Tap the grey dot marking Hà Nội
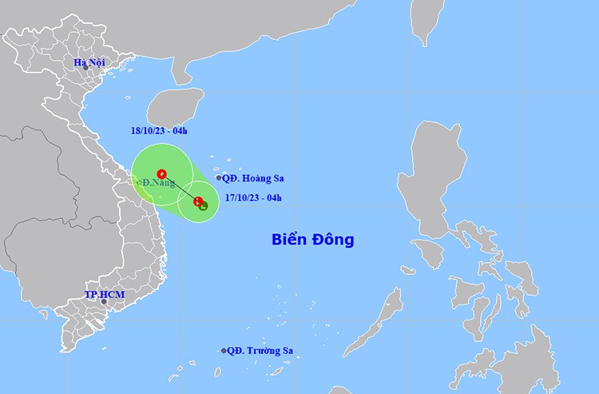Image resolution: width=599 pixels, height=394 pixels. (85, 68)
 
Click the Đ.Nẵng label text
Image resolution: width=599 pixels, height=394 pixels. (159, 183)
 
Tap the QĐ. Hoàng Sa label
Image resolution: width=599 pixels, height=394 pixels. (253, 178)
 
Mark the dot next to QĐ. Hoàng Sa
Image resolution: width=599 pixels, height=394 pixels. (218, 178)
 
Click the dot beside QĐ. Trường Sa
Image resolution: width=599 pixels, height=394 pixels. (224, 350)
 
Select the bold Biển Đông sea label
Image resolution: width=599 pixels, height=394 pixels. (312, 239)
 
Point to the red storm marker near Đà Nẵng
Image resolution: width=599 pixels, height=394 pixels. (162, 173)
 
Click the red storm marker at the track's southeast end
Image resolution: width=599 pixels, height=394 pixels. (197, 201)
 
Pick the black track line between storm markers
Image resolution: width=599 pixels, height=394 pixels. (180, 187)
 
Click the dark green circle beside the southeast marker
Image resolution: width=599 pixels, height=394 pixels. (203, 205)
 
